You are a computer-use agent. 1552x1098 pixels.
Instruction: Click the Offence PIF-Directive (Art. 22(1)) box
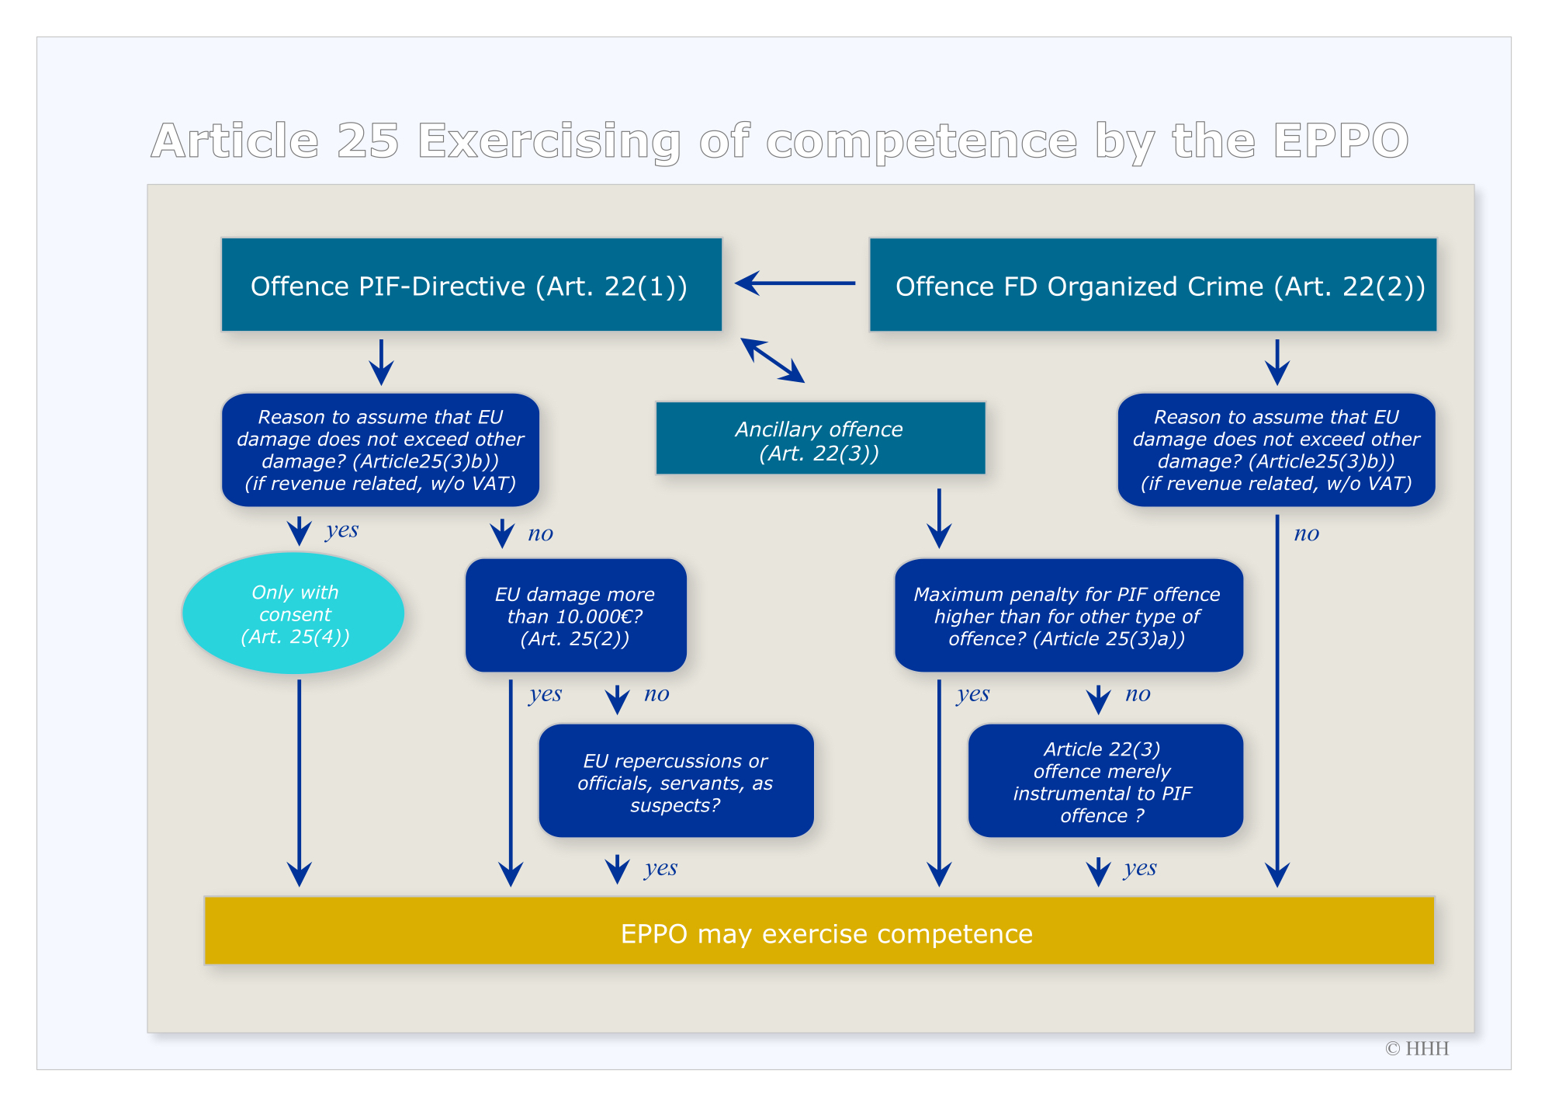472,285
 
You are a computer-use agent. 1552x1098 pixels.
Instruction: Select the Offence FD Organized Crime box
1153,285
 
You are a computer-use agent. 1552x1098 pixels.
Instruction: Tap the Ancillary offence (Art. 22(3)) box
821,438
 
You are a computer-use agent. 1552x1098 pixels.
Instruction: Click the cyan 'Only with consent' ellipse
293,613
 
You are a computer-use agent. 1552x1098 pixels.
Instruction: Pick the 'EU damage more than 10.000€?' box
576,615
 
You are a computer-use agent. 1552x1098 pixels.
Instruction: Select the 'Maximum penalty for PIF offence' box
1069,615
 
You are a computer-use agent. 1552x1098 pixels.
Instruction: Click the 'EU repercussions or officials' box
676,781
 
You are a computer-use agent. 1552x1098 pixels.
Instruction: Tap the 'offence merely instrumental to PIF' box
1105,781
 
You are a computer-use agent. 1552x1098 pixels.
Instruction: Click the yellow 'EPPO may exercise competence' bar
819,930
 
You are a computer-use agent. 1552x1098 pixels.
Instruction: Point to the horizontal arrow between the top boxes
795,283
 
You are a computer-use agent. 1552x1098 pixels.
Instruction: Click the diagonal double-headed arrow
773,360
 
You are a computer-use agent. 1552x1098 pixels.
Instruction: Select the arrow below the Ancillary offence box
939,519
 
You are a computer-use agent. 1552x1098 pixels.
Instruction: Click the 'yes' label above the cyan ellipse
342,530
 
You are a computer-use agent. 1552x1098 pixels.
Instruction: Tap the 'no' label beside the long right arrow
1307,533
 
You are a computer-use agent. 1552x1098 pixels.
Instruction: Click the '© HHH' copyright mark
1417,1048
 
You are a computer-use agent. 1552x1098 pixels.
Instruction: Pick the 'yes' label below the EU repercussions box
661,868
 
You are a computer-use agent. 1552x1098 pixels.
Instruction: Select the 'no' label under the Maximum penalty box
1138,694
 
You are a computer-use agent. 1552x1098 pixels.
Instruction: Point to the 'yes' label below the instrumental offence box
1140,868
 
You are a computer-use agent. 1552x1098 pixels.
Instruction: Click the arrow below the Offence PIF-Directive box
381,362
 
